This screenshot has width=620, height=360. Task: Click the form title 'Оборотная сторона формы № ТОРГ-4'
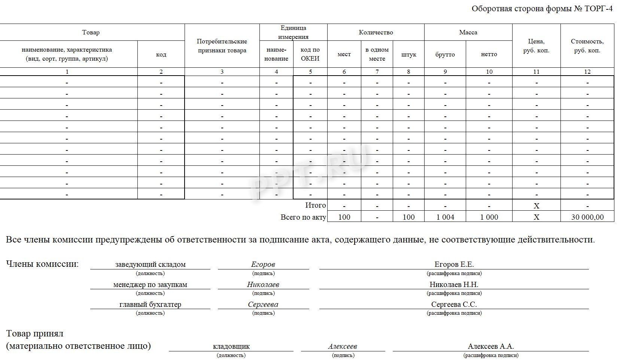point(542,9)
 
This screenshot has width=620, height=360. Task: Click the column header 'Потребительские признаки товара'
point(222,46)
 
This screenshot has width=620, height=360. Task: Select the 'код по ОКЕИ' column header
point(310,54)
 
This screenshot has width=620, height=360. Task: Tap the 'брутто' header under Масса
point(445,54)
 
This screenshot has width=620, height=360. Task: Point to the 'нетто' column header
point(489,54)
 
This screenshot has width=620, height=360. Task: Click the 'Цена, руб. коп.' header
point(536,46)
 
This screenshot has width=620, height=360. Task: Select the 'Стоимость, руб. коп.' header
point(587,46)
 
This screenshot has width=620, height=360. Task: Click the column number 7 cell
point(377,72)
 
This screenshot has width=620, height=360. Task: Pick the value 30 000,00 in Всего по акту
point(587,217)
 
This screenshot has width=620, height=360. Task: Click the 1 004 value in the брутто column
point(445,217)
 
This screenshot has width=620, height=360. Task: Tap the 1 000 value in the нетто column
point(489,217)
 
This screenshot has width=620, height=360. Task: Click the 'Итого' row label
point(316,205)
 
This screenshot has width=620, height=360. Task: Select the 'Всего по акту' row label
point(303,217)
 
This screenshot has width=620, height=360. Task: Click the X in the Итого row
point(537,206)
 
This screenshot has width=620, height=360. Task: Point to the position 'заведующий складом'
point(150,264)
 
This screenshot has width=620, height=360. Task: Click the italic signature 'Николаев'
point(263,284)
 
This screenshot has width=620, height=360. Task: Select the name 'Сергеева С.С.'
point(454,304)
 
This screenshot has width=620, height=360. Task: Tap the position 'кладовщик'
point(231,346)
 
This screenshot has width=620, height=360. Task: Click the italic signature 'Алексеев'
point(343,346)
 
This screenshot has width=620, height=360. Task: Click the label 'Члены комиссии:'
point(42,264)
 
